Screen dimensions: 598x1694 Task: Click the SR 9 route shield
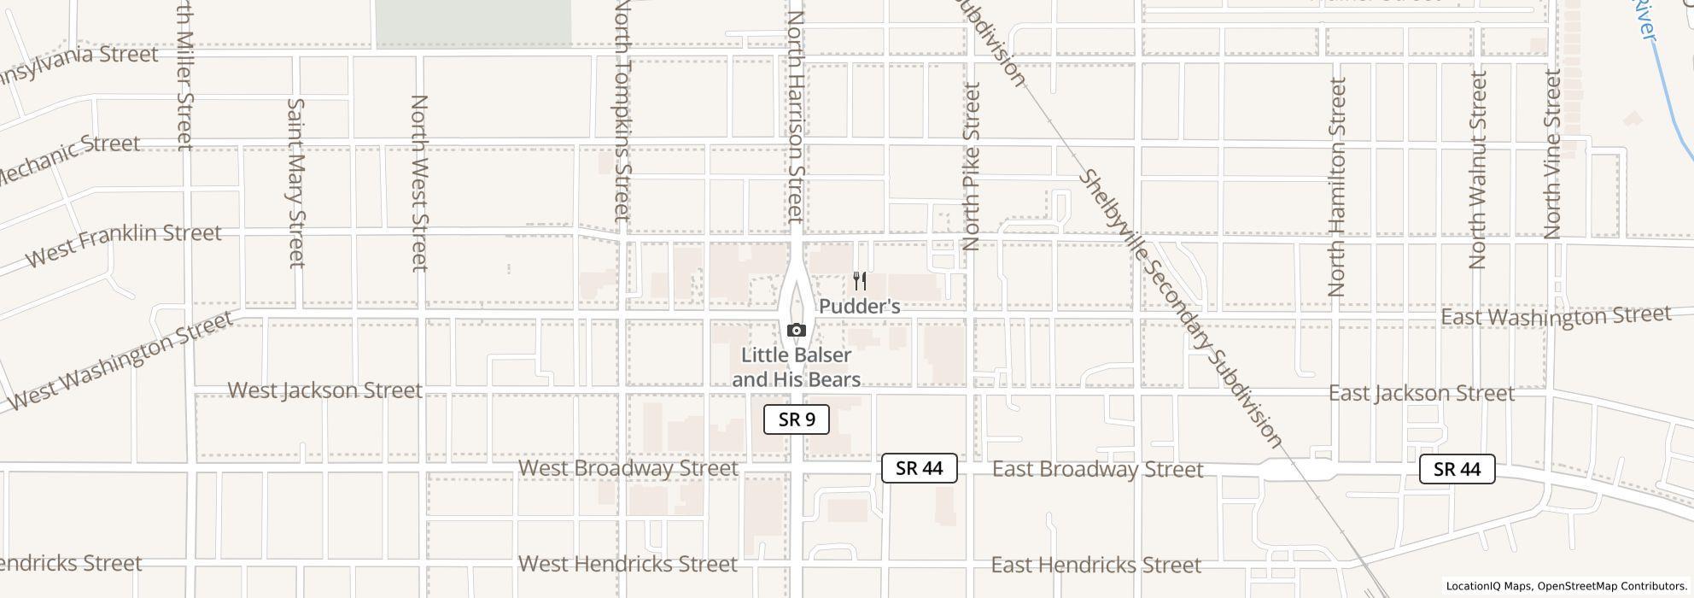click(x=796, y=419)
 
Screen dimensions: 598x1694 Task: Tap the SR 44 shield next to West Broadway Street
click(x=919, y=468)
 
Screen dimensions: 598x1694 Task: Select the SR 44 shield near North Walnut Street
click(x=1457, y=469)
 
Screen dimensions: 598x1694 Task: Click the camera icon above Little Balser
click(x=796, y=331)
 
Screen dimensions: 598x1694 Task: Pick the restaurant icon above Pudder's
click(x=860, y=281)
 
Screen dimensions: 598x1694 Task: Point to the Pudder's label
click(x=860, y=306)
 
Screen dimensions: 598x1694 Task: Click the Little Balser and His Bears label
click(x=796, y=367)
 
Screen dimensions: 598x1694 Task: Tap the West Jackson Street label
click(x=325, y=390)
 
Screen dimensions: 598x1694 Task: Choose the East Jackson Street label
click(x=1422, y=393)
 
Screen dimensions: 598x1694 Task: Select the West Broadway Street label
click(x=628, y=468)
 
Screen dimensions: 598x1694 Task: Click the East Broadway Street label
click(x=1097, y=469)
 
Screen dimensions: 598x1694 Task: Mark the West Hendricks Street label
click(x=628, y=564)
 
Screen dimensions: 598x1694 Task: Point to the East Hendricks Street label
click(x=1096, y=565)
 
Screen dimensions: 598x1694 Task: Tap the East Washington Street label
click(x=1555, y=316)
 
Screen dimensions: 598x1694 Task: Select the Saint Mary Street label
click(x=295, y=182)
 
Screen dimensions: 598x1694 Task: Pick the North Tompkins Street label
click(x=622, y=111)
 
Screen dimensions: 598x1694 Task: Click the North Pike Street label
click(x=971, y=166)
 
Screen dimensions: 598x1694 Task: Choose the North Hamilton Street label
click(x=1337, y=186)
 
